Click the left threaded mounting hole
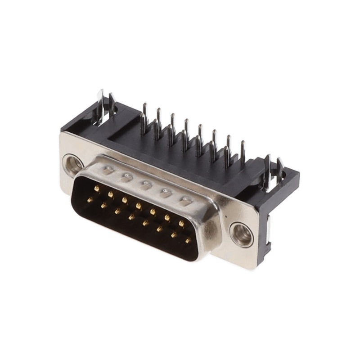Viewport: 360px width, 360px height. tap(72, 164)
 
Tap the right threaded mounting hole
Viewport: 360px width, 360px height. tap(241, 234)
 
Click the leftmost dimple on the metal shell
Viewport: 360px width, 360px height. tap(108, 171)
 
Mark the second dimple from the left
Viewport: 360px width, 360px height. tap(126, 177)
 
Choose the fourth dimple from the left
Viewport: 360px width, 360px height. tap(166, 192)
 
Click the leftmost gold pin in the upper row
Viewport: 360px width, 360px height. tap(97, 189)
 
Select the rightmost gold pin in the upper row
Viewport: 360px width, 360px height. tap(181, 223)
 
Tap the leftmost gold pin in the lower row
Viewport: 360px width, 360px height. tap(90, 199)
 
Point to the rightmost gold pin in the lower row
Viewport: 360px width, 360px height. tap(188, 241)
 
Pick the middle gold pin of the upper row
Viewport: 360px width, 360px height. tap(139, 206)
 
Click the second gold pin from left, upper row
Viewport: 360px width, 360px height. tap(111, 194)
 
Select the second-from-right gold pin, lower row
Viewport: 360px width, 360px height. tap(174, 234)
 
